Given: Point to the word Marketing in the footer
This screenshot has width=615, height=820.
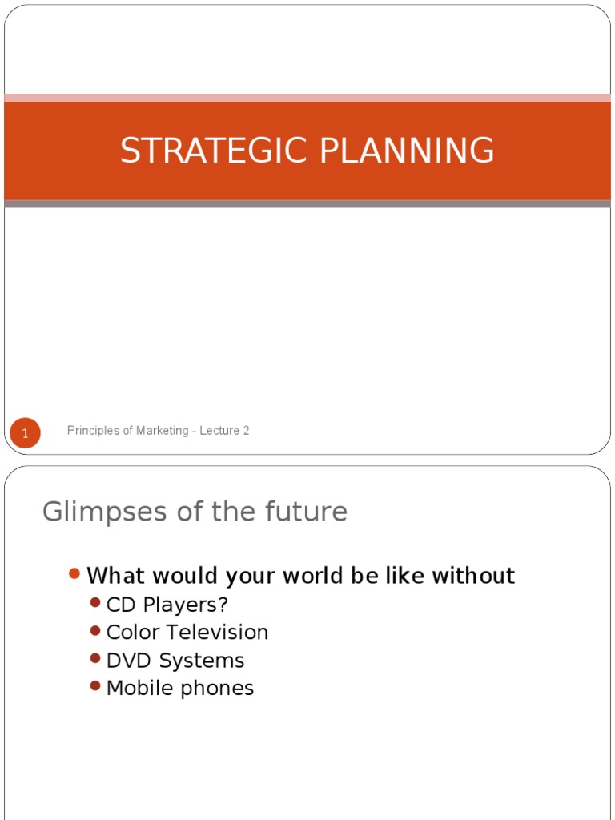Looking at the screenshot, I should point(158,431).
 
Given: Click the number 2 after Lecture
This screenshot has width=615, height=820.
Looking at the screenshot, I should point(246,431).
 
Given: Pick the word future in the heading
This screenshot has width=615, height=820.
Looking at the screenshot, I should point(307,512).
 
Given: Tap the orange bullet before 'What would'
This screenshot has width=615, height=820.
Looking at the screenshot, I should point(74,573).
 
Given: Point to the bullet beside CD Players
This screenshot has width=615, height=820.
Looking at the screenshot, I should point(95,602).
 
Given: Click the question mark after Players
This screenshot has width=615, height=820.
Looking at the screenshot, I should point(223,605).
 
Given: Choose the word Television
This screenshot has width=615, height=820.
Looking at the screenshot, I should point(219,633).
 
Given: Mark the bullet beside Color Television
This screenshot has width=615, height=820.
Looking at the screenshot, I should point(95,631).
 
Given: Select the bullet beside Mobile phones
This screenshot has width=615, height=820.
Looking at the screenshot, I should point(95,686).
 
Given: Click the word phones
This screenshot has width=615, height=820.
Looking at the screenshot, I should point(219,689).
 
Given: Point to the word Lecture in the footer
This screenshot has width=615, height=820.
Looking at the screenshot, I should point(218,431).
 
